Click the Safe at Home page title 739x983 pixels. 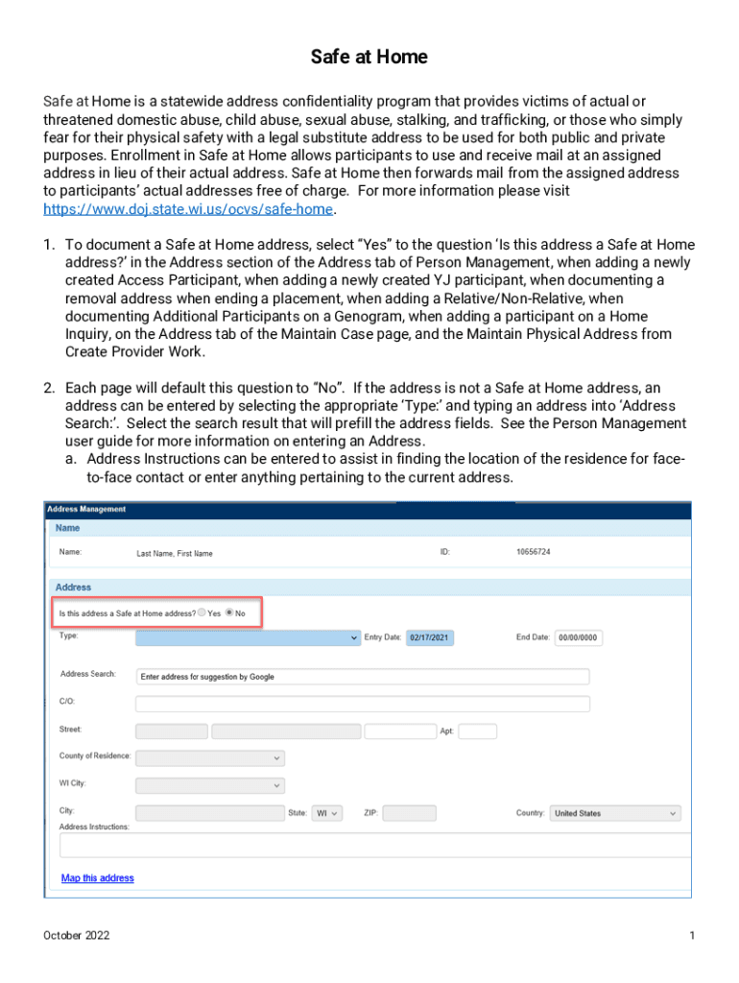coord(369,58)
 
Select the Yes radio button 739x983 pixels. coord(203,612)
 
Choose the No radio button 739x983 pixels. coord(229,612)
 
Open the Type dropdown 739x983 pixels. coord(248,636)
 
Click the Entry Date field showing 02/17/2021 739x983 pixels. coord(430,637)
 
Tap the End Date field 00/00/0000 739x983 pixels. coord(578,637)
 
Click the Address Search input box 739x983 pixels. coord(362,677)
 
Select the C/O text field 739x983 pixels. coord(362,704)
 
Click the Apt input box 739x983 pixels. coord(478,731)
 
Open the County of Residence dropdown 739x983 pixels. coord(210,758)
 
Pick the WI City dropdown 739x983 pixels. coord(210,785)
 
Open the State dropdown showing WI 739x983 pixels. coord(327,813)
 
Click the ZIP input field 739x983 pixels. coord(409,813)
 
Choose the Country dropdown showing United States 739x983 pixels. coord(615,813)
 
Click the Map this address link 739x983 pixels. coord(98,878)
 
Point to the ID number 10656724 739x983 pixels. coord(534,553)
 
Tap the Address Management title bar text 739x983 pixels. coord(86,509)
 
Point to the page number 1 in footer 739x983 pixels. coord(691,936)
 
